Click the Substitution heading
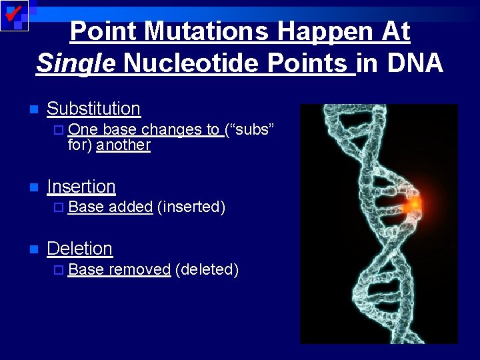[x=93, y=108]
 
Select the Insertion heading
[x=81, y=186]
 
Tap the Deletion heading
[x=79, y=249]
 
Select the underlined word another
[x=123, y=145]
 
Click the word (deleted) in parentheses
[x=207, y=269]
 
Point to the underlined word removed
[x=140, y=269]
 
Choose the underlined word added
[x=131, y=207]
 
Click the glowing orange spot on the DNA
[x=414, y=203]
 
